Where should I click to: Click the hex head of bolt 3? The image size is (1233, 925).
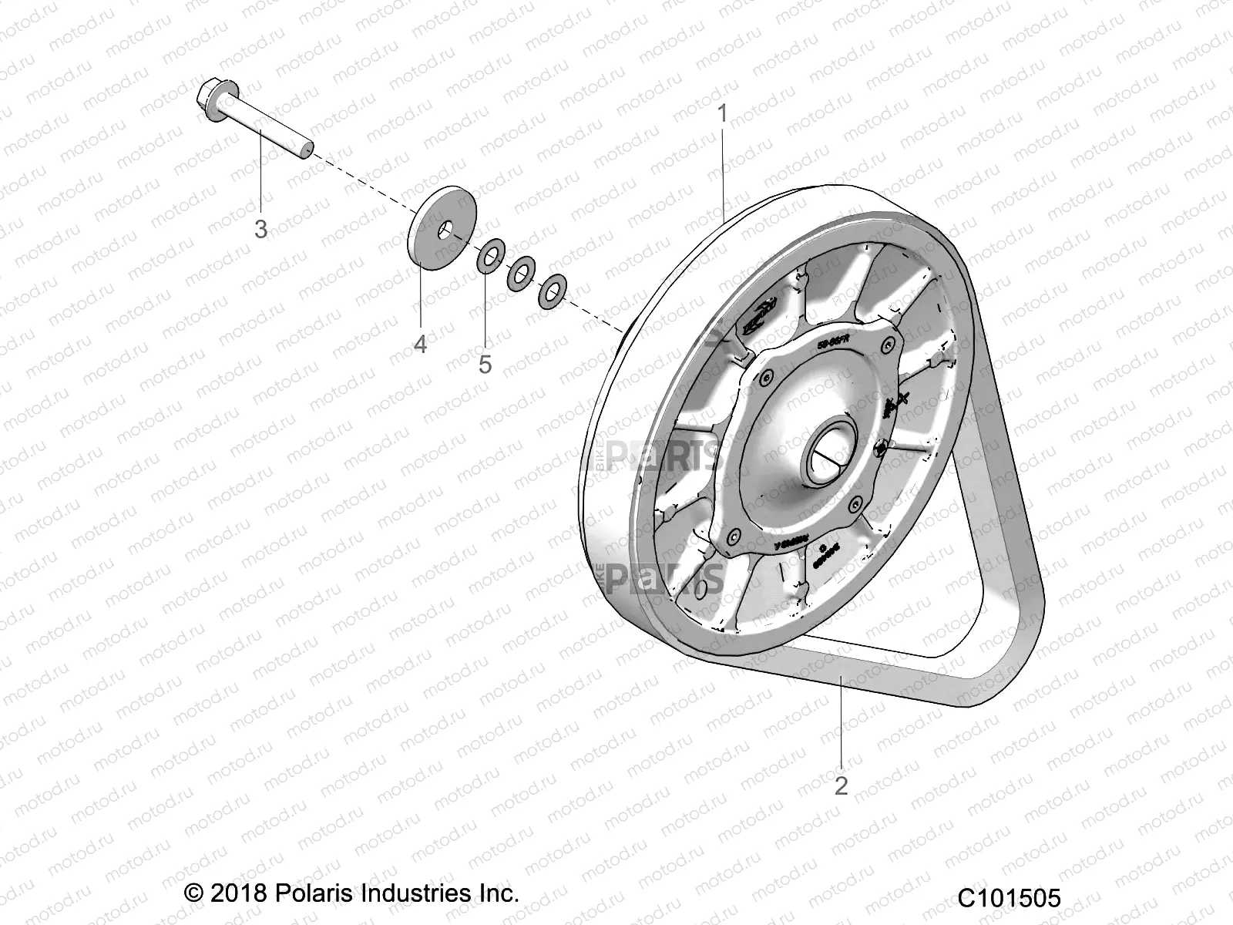(x=210, y=96)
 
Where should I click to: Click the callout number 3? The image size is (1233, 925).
(x=261, y=229)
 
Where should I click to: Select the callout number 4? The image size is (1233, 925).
(x=420, y=344)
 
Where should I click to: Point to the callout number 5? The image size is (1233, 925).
(x=485, y=364)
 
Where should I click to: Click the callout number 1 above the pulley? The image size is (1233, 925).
(x=722, y=114)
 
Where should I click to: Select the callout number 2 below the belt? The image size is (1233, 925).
(x=841, y=785)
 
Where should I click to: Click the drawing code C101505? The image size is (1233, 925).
(x=1010, y=899)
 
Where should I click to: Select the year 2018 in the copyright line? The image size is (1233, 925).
(x=238, y=893)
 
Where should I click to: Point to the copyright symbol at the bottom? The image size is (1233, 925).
(x=195, y=894)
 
